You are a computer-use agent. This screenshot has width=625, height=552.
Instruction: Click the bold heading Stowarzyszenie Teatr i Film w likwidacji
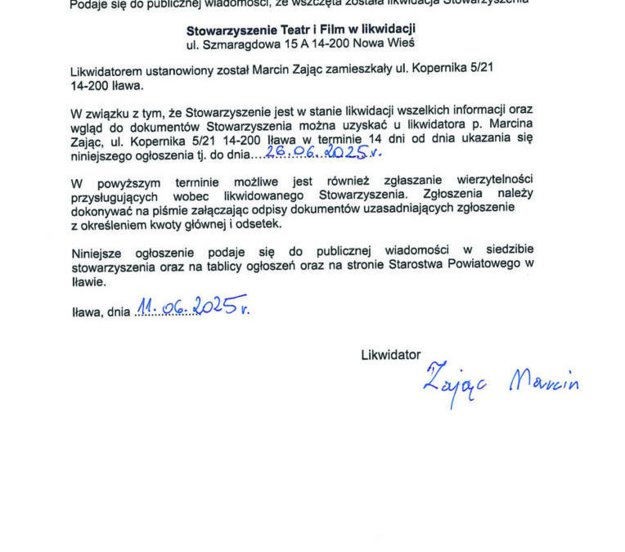coord(300,30)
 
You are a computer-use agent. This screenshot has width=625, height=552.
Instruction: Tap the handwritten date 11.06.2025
coord(192,307)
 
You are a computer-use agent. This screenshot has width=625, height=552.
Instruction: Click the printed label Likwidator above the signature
coord(391,355)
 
